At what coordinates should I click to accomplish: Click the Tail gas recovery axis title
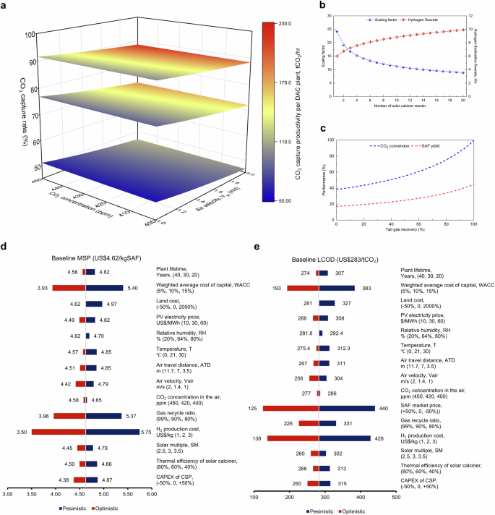(404, 234)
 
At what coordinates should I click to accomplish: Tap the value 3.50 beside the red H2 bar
(23, 432)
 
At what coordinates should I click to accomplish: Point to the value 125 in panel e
(252, 408)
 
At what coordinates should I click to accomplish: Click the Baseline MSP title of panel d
(80, 257)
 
